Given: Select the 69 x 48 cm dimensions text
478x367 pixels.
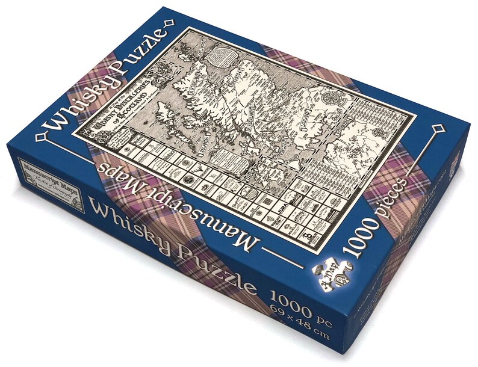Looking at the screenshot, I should point(297,317).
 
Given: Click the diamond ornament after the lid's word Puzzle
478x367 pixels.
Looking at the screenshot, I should point(170,23).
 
